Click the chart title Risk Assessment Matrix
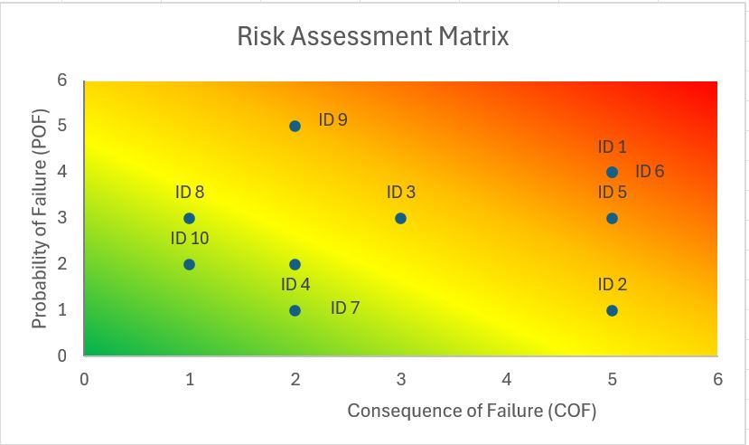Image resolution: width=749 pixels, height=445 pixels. coord(373,37)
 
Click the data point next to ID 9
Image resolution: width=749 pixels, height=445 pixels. coord(295,126)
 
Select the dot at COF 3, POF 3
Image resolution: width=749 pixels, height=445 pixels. coord(400,218)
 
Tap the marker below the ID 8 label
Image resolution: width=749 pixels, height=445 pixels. coord(189,218)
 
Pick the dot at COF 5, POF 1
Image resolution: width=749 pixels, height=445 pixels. coord(612,310)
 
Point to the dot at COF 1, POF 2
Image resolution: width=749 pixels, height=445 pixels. coord(189,264)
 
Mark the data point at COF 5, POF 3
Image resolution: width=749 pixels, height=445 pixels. coord(612,218)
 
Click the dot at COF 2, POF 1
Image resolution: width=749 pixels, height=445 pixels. coord(295,310)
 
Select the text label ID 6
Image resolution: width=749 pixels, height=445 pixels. coord(650,171)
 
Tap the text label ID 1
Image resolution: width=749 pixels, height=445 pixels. coord(612,147)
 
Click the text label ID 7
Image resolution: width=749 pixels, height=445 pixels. coord(345,308)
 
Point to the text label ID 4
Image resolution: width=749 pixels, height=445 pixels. coord(295,285)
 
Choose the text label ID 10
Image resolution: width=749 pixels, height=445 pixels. coord(190,239)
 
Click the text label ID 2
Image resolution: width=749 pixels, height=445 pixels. coord(612,285)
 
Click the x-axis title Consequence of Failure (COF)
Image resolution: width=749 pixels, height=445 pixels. coord(472,411)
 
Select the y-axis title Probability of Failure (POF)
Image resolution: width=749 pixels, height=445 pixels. coord(39,218)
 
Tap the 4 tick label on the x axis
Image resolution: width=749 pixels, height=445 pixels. coord(507,379)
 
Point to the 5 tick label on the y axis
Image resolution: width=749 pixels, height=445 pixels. coord(62,126)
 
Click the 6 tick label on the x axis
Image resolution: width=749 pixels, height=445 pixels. coord(717,379)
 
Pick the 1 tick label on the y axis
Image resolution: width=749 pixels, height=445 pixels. coord(62,310)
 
